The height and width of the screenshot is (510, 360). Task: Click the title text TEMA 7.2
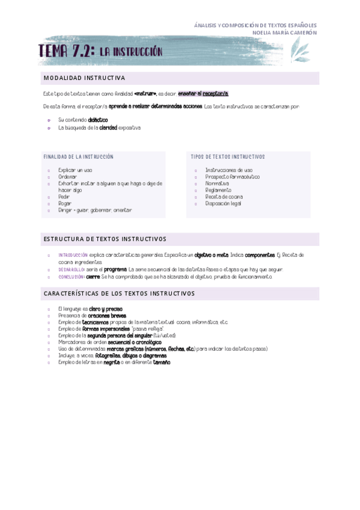66,52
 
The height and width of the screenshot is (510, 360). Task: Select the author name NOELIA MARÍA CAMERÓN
285,32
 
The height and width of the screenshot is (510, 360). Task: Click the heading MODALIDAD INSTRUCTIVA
84,78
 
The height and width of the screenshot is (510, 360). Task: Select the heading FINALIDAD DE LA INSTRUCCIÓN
78,157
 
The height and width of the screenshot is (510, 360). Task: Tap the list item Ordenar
67,177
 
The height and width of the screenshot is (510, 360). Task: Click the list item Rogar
64,203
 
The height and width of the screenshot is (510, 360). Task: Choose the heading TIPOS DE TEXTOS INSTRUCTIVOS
228,157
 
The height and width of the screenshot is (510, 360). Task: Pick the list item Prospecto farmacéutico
232,177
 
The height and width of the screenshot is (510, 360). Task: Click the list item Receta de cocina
224,197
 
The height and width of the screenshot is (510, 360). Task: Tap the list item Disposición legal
223,203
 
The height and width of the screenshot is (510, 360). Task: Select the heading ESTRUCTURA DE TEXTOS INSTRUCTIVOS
105,239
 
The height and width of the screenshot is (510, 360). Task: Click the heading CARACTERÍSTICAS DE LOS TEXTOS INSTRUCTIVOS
119,293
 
